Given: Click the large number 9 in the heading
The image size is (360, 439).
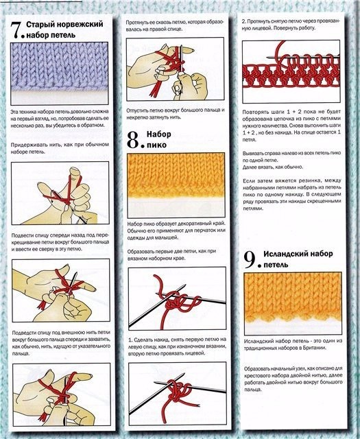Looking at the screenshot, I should click(251, 260).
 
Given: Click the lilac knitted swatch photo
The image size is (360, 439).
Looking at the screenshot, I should click(60, 71).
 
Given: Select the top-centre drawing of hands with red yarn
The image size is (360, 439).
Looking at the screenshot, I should click(176, 69).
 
